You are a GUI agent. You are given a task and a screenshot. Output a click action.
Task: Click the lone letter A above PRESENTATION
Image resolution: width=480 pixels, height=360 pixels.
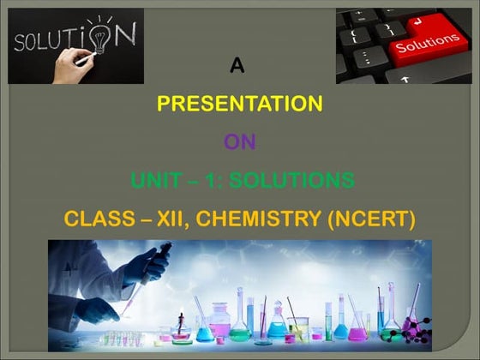click(x=239, y=65)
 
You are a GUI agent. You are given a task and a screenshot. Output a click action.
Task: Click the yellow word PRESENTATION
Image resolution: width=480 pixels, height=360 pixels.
click(x=239, y=104)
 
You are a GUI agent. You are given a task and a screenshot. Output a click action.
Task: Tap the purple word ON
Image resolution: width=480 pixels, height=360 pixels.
click(x=239, y=142)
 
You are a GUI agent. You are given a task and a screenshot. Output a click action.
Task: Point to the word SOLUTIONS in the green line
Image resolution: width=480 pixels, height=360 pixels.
click(x=296, y=181)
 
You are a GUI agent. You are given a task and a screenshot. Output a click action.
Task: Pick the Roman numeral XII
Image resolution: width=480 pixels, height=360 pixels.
click(x=170, y=219)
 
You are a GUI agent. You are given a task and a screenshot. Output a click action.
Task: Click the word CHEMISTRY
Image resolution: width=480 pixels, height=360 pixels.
click(x=260, y=219)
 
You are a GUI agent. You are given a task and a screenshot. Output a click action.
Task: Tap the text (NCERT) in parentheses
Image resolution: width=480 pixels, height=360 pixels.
click(x=373, y=219)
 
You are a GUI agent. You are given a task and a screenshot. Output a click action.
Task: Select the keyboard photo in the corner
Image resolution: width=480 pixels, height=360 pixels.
click(x=403, y=46)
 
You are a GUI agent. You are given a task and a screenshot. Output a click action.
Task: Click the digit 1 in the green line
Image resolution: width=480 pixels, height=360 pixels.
click(x=214, y=181)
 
